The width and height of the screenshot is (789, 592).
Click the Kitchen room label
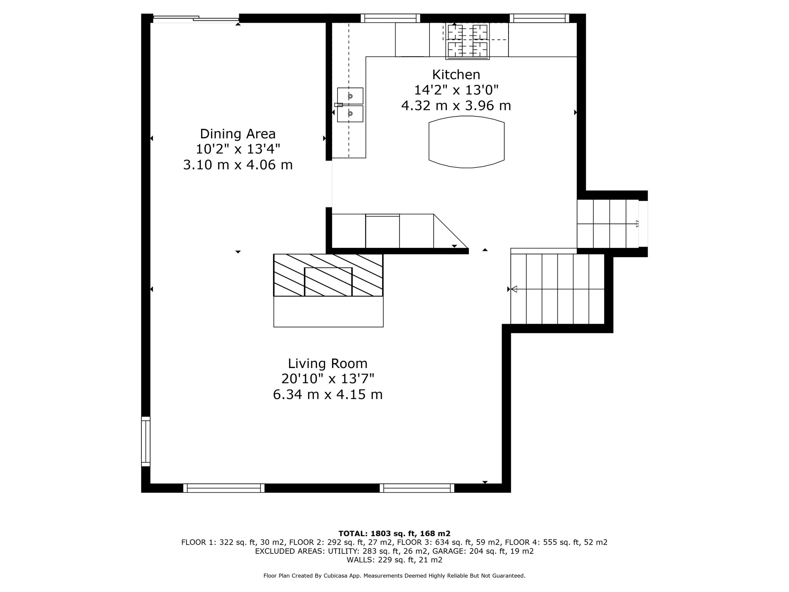456,74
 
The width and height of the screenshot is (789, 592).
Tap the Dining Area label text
238,134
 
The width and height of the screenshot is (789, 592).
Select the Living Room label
328,363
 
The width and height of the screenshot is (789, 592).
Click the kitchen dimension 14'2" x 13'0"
456,90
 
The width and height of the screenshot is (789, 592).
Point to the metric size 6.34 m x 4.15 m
328,395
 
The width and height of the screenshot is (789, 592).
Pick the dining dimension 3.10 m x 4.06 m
238,165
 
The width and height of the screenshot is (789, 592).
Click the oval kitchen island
467,142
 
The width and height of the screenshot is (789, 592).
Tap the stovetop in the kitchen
468,41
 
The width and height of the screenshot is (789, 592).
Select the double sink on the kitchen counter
350,105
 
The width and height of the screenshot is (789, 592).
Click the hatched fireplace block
328,275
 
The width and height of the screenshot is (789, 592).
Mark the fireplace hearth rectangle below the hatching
328,312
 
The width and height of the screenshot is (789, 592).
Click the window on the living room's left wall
146,441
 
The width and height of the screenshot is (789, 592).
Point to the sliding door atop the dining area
196,18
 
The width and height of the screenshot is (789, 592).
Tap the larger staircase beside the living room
557,289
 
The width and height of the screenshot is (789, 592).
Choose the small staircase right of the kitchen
608,224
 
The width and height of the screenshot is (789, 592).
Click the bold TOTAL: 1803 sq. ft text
394,533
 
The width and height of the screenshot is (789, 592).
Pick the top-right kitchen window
539,18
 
